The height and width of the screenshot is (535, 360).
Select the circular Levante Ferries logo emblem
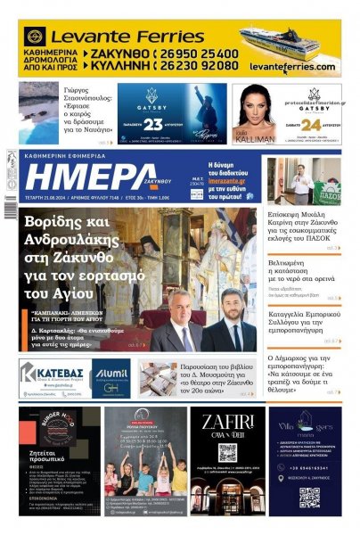[36, 37]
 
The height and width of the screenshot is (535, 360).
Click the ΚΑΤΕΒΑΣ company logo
[54, 374]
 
